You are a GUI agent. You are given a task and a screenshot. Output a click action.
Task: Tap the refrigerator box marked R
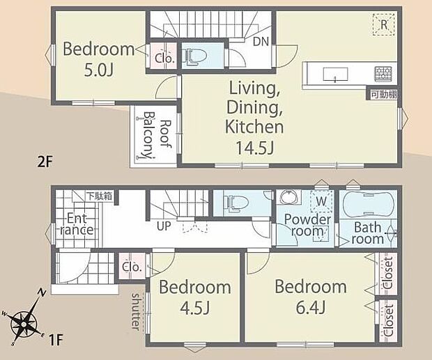pos(384,24)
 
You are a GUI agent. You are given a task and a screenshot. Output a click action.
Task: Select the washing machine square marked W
pos(321,201)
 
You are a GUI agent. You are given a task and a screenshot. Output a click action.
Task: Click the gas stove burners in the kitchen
pos(382,74)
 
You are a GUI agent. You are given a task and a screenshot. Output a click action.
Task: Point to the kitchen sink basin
pos(335,74)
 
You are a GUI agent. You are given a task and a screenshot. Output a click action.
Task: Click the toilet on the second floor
pos(196,56)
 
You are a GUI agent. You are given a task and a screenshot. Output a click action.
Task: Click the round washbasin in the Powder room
pos(288,197)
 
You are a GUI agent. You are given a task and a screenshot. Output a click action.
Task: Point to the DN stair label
pos(261,42)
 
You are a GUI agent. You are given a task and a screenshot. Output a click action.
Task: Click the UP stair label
pos(164,226)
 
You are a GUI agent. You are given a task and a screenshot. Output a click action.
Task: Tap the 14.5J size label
pos(254,148)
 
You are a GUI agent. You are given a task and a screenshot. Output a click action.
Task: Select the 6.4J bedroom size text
pos(311,307)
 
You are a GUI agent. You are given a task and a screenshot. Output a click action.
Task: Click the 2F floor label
pos(45,162)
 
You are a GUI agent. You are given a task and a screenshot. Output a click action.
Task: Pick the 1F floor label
pos(56,340)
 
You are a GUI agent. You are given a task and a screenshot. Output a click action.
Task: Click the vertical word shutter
pos(136,311)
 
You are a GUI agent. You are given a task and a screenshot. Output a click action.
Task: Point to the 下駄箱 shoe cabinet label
pos(99,196)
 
